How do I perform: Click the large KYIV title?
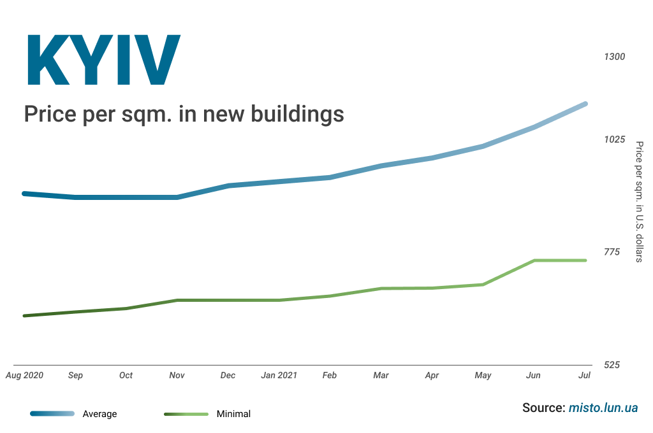tap(103, 60)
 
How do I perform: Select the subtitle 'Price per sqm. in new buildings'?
tap(184, 114)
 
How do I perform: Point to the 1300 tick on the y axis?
tap(614, 57)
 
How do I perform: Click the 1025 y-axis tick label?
tap(614, 139)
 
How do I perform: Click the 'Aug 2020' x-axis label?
tap(24, 375)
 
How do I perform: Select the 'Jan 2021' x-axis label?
tap(279, 375)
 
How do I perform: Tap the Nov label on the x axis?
tap(177, 375)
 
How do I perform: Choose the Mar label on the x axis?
tap(381, 375)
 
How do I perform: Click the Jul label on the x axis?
tap(584, 375)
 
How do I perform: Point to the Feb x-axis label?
tap(329, 375)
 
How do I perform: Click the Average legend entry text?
tap(100, 414)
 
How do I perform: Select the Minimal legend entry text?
tap(233, 414)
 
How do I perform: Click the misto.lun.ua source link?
tap(603, 408)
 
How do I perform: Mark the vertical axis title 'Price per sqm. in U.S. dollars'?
tap(639, 201)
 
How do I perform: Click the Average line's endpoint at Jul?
tap(585, 104)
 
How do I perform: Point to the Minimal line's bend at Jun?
tap(534, 260)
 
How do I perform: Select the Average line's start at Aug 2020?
tap(24, 193)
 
